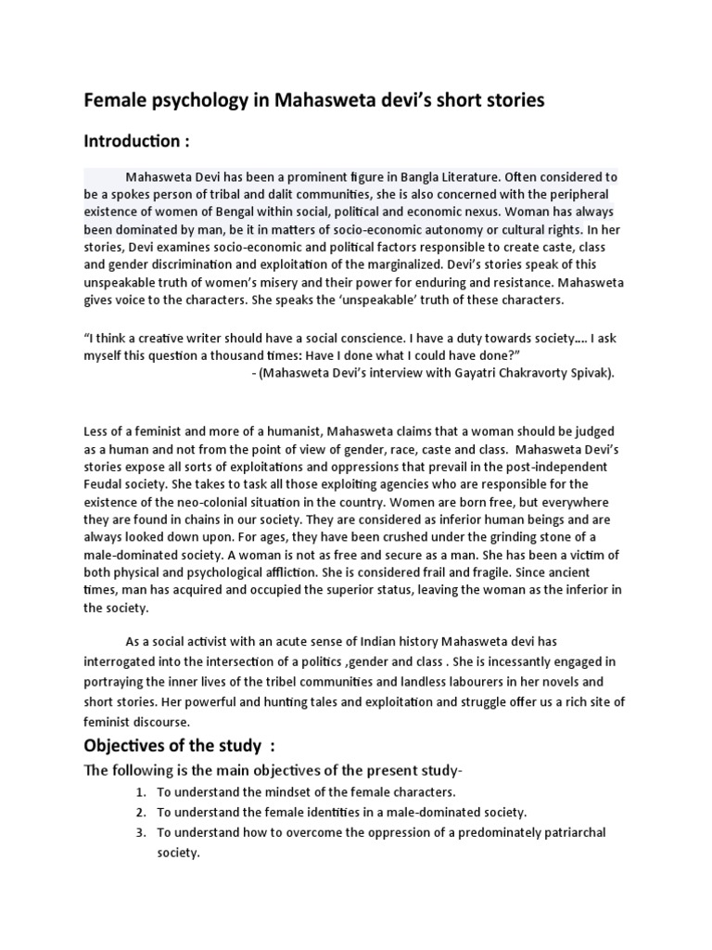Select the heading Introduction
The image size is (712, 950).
click(136, 142)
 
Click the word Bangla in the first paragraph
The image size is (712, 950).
click(422, 176)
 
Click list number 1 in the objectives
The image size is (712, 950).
click(140, 791)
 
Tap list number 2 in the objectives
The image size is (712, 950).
click(140, 812)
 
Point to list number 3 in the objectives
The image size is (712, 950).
click(140, 832)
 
